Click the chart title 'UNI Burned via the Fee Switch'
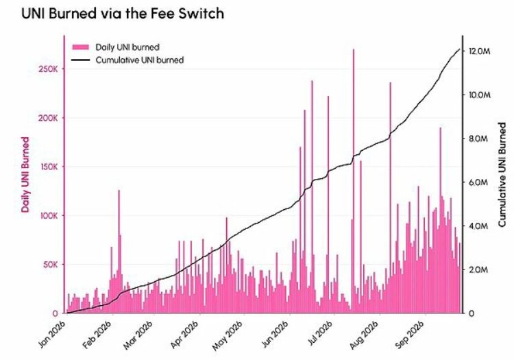123,14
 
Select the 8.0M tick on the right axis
478,139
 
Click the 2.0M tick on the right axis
478,270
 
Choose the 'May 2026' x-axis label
228,335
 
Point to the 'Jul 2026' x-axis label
321,334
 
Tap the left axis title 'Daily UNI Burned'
25,175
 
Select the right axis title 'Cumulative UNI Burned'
502,175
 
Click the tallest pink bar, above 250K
354,181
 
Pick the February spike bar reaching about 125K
119,252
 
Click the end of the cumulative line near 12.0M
460,49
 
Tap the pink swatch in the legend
81,47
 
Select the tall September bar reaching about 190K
440,220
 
